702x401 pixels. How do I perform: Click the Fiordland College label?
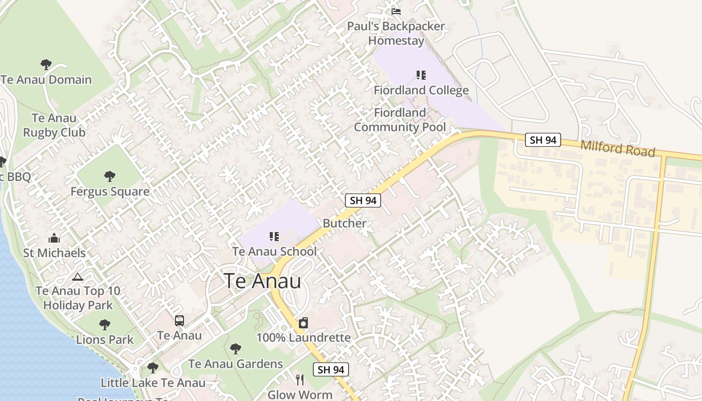point(421,90)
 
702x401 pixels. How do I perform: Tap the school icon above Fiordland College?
point(421,75)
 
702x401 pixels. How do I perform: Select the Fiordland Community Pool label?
point(400,120)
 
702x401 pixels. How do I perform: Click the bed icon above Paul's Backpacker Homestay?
point(396,11)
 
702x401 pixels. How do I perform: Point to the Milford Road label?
point(618,148)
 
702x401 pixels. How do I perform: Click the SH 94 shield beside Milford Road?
point(543,140)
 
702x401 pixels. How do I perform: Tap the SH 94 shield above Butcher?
point(363,200)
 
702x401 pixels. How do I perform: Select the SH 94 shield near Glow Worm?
point(331,370)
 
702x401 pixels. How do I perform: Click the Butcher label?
point(344,224)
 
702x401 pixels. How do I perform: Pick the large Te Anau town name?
point(262,281)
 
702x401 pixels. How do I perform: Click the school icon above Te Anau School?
point(274,236)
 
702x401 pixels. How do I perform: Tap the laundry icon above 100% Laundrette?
point(303,323)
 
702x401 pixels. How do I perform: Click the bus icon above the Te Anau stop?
point(179,321)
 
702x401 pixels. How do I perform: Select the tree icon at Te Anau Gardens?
point(235,349)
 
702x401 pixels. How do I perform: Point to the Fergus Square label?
point(110,191)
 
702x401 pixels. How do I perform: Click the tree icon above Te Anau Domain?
point(46,65)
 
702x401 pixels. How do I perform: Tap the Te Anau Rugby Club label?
point(54,125)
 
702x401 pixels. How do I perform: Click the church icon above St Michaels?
point(54,239)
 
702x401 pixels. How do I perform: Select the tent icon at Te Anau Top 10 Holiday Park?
point(77,277)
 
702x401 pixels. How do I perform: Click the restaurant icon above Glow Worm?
point(300,379)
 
